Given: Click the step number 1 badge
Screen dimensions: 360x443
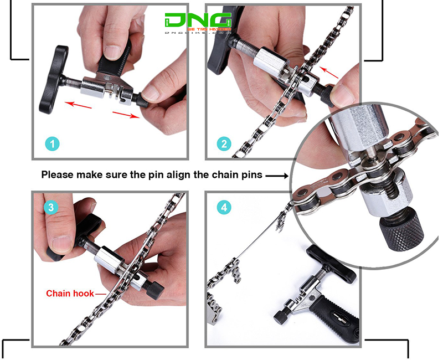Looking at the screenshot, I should pos(52,144).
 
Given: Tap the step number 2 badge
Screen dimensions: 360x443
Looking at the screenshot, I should pos(224,144).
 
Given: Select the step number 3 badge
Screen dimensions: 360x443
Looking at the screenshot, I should pos(51,207).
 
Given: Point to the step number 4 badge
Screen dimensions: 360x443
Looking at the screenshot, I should pos(223,208).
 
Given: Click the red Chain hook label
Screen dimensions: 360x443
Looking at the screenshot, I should pos(70,293).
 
